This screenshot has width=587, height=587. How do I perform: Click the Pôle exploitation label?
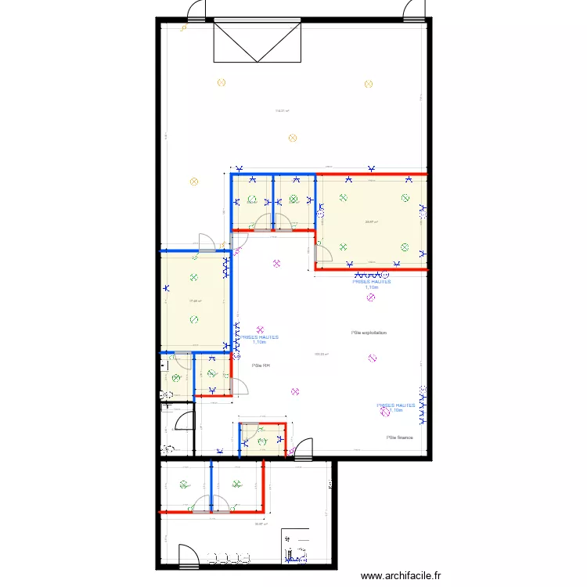point(369,333)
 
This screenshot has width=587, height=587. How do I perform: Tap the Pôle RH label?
point(261,366)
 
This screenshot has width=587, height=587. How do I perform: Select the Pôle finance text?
point(399,438)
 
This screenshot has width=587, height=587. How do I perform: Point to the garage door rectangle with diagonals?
point(257,41)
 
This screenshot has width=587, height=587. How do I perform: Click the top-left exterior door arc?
point(196,10)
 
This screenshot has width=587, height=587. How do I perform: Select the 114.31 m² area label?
point(283,111)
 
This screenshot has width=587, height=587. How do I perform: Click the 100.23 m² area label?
point(321,354)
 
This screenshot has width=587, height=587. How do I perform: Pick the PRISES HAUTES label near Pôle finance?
point(395,408)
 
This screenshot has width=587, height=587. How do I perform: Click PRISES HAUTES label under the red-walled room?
point(371,284)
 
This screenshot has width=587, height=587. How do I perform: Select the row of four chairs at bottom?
point(229,558)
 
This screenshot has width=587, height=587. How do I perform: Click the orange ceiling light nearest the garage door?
point(221,81)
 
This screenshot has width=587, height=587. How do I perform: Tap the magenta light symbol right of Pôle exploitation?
point(372,359)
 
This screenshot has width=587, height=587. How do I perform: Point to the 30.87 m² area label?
point(260,524)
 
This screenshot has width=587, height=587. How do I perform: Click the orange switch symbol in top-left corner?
point(183,28)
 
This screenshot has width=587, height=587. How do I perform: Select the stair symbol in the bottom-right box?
point(296,553)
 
